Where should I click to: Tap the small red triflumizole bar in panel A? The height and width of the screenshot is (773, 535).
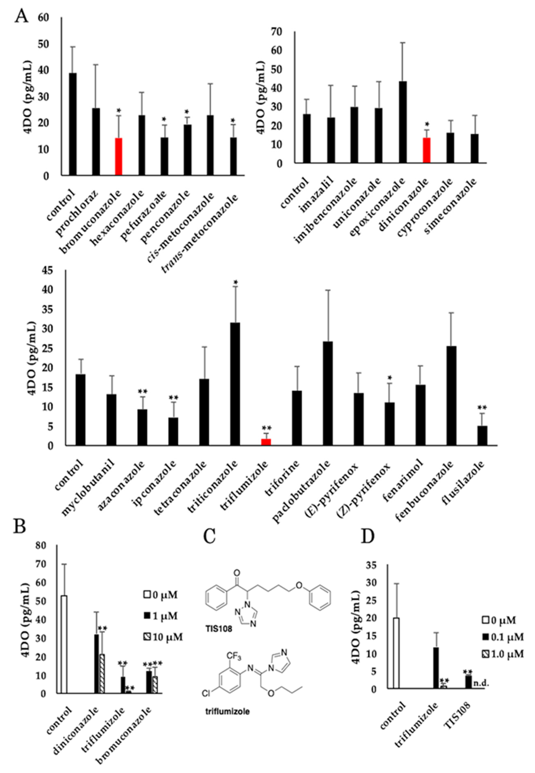pyautogui.click(x=266, y=442)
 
